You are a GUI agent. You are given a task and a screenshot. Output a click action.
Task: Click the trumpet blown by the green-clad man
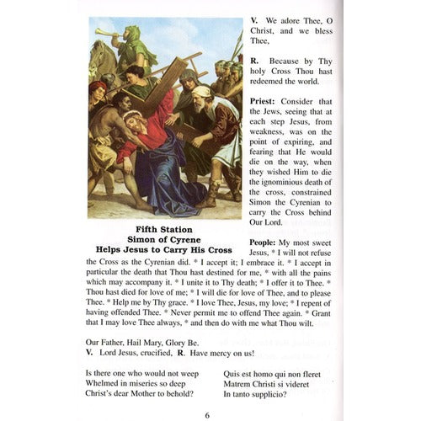[x=104, y=34]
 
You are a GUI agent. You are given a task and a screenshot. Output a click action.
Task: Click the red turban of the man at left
[x=97, y=86]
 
